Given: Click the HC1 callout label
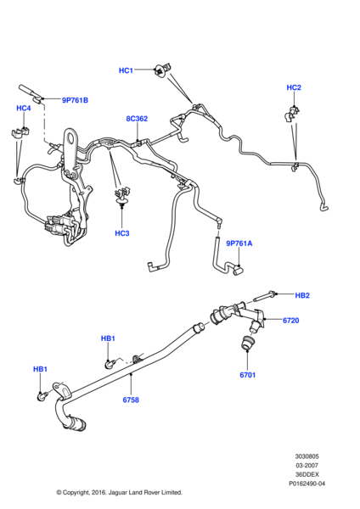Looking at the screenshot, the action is pos(126,70).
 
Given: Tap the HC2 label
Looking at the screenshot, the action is pos(294,87).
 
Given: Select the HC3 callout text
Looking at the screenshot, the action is pos(122,233).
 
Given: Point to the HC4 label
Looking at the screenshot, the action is pos(24,108).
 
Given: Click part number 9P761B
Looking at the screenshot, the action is pos(75,100).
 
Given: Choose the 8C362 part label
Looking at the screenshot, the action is pos(137,119).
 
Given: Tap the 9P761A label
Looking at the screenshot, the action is pos(239,243).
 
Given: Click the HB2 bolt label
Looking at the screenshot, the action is pos(302,295).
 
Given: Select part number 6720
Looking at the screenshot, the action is pos(290,321).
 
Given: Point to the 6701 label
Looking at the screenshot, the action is pos(248,375).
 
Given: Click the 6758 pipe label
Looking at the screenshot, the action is pos(131,400).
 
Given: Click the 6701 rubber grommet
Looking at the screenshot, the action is pos(246,344).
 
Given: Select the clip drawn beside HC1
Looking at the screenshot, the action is pos(162,70).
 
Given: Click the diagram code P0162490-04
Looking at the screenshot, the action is pos(307,484).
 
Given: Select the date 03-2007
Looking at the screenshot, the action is pos(307,466).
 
